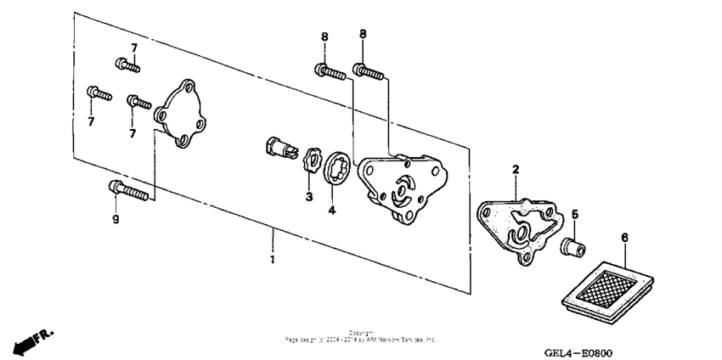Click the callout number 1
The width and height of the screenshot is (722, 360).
(x=272, y=259)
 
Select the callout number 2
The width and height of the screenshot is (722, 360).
(x=515, y=171)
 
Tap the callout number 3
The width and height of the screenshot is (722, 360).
(x=309, y=197)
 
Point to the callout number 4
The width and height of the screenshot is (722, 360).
(x=332, y=209)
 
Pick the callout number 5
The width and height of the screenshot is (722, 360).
(x=574, y=215)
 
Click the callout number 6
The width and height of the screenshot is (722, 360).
(x=625, y=239)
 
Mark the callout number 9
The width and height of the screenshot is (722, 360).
(x=116, y=220)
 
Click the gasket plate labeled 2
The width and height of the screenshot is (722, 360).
(x=517, y=228)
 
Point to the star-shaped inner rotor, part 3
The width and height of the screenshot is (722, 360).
(x=311, y=161)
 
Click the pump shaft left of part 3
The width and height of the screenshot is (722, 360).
(x=280, y=148)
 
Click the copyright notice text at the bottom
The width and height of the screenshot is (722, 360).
(x=361, y=336)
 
